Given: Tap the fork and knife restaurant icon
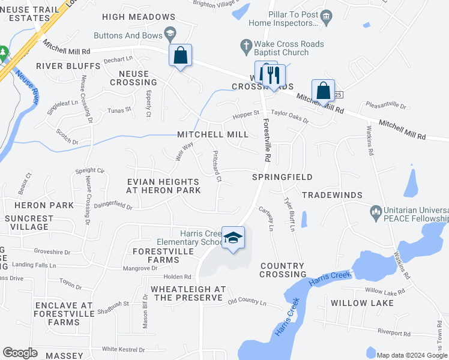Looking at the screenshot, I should [x=273, y=74].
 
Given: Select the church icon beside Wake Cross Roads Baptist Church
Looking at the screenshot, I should [x=246, y=44].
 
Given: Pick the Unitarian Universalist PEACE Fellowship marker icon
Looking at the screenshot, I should [x=376, y=211].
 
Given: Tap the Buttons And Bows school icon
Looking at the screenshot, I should [x=170, y=33].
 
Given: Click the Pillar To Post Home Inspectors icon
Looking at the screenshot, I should [x=326, y=15].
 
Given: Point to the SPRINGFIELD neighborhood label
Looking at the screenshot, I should [x=282, y=177].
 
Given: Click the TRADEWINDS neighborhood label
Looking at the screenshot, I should [x=332, y=195].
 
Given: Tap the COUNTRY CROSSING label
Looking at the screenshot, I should [x=283, y=270].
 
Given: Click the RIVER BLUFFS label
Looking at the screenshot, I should [x=68, y=65].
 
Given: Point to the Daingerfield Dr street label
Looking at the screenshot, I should [x=113, y=206].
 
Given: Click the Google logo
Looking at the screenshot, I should [x=20, y=353].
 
